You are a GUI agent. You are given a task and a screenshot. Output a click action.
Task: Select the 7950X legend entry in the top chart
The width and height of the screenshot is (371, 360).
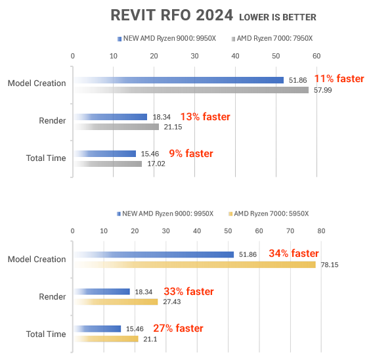[272, 39]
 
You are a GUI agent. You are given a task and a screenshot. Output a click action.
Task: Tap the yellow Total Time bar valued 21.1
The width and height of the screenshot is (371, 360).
[106, 339]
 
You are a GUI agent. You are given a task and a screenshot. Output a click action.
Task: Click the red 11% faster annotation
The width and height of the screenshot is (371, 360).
[338, 79]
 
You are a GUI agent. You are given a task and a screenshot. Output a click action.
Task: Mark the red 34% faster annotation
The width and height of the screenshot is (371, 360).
[294, 254]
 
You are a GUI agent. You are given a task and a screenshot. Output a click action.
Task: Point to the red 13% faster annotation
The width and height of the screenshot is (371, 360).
[205, 117]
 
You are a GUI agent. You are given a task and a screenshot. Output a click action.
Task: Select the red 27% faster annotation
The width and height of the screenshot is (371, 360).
[178, 328]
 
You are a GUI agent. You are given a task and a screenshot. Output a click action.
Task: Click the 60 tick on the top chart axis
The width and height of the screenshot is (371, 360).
[316, 56]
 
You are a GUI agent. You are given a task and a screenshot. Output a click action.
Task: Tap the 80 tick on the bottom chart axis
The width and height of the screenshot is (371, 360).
[321, 231]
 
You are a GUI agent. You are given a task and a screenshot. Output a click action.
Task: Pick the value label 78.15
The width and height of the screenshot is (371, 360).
[328, 265]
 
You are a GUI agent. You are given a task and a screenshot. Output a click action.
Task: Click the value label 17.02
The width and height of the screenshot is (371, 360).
[156, 164]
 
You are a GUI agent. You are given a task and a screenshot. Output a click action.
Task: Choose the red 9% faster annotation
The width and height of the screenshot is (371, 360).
[190, 154]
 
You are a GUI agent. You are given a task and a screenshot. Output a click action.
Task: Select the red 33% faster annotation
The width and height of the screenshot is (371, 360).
[188, 292]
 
